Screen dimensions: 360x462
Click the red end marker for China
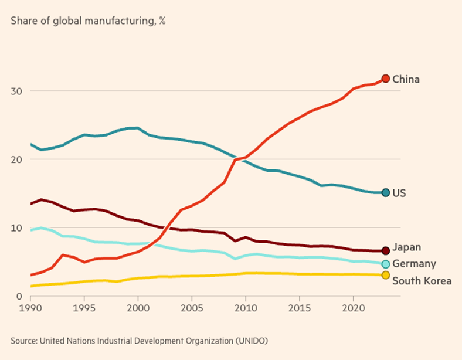[x=385, y=79]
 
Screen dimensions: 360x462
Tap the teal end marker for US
[x=385, y=192]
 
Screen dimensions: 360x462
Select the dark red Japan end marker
[x=385, y=250]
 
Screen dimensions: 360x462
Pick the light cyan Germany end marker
[x=385, y=264]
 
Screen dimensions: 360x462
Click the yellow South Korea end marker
[x=385, y=275]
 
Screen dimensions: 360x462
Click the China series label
[x=406, y=79]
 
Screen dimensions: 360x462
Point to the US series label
[x=399, y=193]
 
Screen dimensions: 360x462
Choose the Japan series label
[x=407, y=247]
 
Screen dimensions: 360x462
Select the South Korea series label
[x=422, y=281]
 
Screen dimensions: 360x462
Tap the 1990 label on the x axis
[x=30, y=308]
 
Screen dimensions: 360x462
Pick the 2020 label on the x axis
[x=353, y=308]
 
